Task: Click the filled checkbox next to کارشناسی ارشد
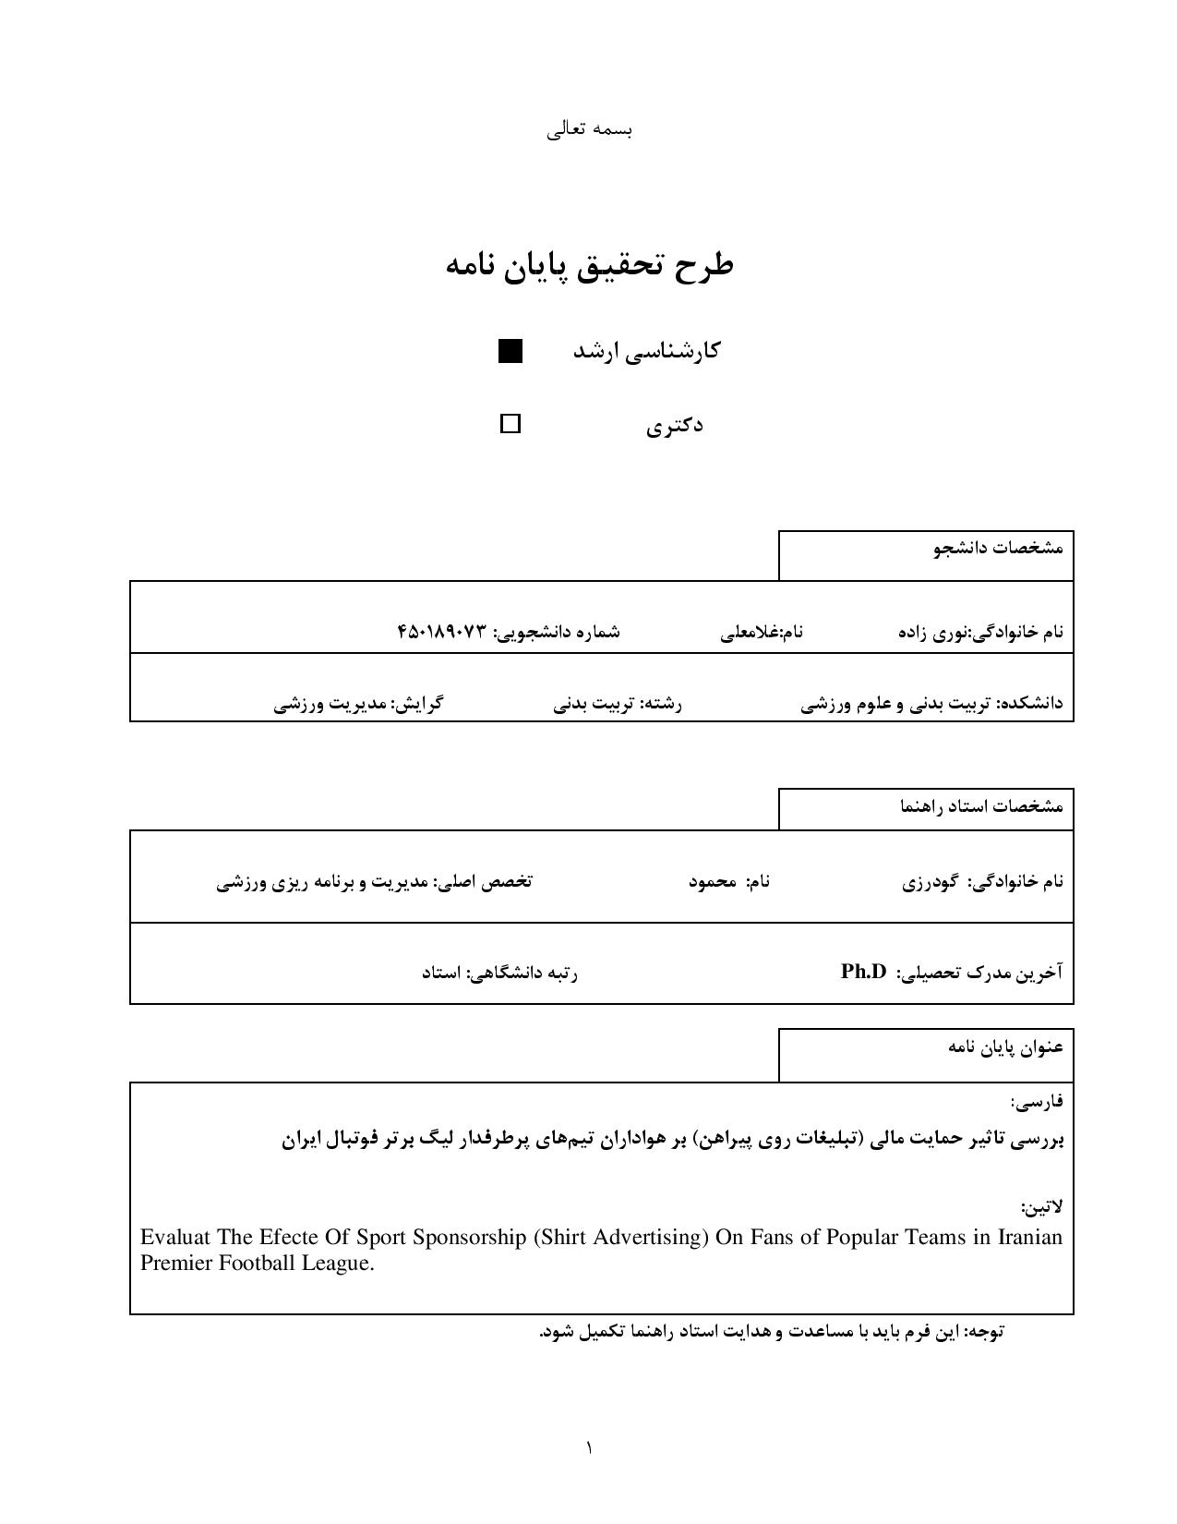(x=510, y=351)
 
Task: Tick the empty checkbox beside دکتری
(x=510, y=424)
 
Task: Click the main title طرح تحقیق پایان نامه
(x=589, y=265)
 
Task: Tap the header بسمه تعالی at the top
(x=589, y=129)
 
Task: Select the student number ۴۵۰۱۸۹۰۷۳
(x=441, y=633)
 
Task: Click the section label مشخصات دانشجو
(x=998, y=548)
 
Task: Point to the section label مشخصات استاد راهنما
(x=981, y=806)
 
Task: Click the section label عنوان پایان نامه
(x=1005, y=1047)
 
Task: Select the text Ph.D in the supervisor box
(x=864, y=972)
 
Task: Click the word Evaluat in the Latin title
(x=175, y=1238)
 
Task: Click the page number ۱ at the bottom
(x=589, y=1447)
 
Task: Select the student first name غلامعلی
(x=748, y=633)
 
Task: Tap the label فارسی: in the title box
(x=1037, y=1102)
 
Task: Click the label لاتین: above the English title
(x=1042, y=1207)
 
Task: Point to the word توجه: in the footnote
(x=982, y=1332)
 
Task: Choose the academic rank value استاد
(x=441, y=973)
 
